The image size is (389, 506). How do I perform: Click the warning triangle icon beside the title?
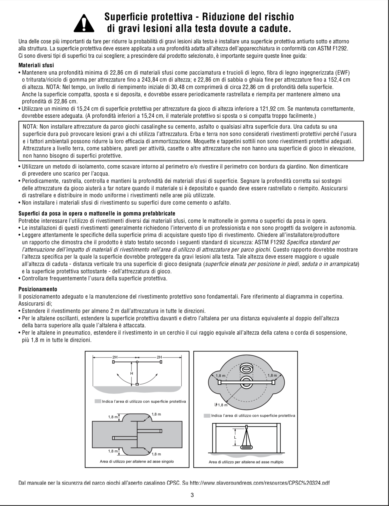84,23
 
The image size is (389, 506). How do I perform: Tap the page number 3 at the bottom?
192,495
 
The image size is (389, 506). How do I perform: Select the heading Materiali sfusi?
36,65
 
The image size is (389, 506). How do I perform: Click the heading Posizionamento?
38,289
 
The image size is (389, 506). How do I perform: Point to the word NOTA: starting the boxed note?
30,127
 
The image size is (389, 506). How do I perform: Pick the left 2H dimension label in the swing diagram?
115,357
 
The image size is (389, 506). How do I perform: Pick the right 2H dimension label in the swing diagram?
159,357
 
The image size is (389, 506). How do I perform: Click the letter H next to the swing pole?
132,374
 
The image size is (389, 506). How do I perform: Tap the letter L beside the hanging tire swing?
235,438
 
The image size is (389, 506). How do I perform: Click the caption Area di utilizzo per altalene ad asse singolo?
137,461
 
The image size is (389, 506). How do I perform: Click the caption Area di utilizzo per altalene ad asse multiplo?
246,462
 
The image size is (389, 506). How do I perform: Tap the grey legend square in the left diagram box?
98,401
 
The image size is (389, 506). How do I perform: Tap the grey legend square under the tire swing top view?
207,416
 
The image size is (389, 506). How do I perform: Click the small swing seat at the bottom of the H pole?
137,384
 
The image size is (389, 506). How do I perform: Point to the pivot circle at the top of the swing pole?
137,362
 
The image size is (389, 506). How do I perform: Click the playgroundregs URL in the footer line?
259,483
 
